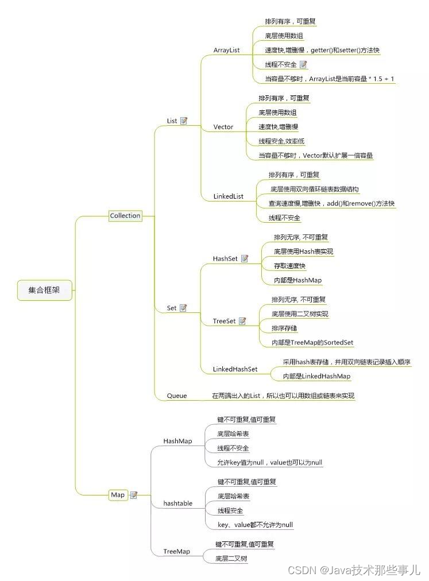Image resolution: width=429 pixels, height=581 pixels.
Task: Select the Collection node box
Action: [125, 216]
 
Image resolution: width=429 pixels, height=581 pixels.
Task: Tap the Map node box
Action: [117, 495]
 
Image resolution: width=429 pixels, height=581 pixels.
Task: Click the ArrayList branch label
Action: [226, 51]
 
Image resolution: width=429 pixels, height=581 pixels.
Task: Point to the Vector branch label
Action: [223, 127]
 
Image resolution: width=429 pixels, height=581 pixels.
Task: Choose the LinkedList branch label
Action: [228, 196]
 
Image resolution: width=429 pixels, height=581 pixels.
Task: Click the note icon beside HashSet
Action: [245, 259]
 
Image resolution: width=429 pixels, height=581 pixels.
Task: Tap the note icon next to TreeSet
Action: [242, 322]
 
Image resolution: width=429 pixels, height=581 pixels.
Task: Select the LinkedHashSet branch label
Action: [235, 369]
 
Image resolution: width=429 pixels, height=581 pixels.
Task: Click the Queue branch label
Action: [177, 396]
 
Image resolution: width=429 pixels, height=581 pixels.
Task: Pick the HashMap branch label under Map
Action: [177, 441]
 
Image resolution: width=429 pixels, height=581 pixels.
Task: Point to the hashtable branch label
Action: [177, 503]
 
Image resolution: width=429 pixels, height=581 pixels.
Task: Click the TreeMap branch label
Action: [176, 551]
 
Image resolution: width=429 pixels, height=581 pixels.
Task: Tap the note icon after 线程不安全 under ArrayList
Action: [303, 65]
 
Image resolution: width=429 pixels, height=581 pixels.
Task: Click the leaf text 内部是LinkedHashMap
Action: [316, 377]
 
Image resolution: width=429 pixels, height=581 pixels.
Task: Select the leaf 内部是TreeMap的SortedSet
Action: [312, 343]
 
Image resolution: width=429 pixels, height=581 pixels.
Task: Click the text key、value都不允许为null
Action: [255, 525]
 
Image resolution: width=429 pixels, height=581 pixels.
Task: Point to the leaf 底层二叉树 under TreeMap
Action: [231, 558]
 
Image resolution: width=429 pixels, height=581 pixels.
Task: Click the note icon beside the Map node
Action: [134, 495]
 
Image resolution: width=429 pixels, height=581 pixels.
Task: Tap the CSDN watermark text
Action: [354, 570]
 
